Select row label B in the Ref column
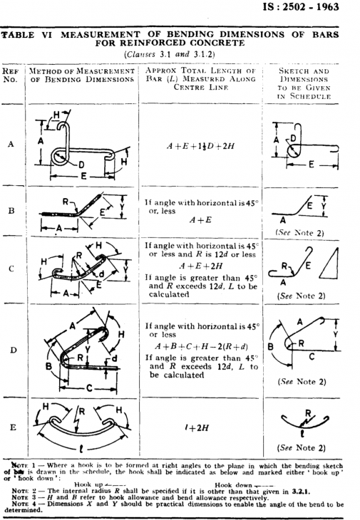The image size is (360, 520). tap(11, 212)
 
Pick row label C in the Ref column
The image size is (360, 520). tap(11, 269)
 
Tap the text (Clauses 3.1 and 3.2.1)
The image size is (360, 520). tap(169, 55)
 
